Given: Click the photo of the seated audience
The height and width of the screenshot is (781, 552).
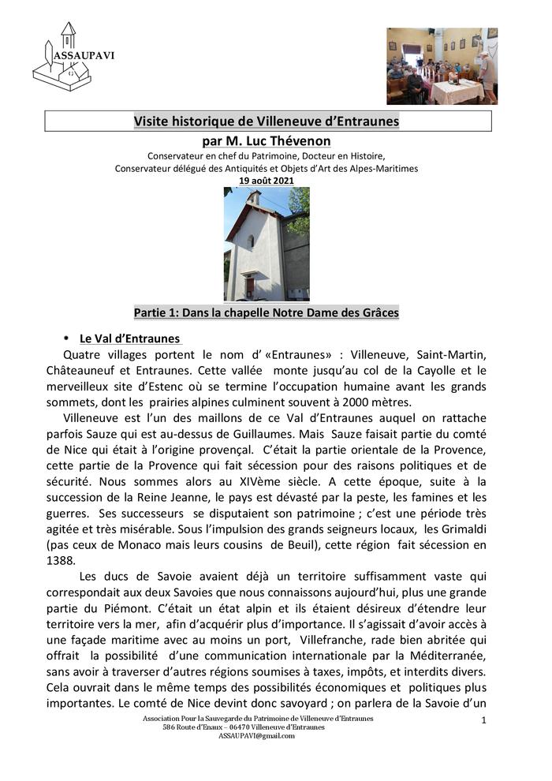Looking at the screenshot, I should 442,66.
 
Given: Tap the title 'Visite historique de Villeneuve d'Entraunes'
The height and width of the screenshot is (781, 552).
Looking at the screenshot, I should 267,121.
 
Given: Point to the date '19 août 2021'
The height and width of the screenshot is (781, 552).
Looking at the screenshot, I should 267,181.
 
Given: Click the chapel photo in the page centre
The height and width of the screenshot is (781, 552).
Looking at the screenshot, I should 267,244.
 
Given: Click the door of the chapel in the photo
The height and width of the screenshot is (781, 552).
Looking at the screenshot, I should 249,286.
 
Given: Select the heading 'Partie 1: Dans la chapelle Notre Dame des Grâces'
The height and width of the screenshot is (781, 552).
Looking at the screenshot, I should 267,312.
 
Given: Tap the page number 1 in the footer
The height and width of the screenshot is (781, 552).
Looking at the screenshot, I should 483,720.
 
